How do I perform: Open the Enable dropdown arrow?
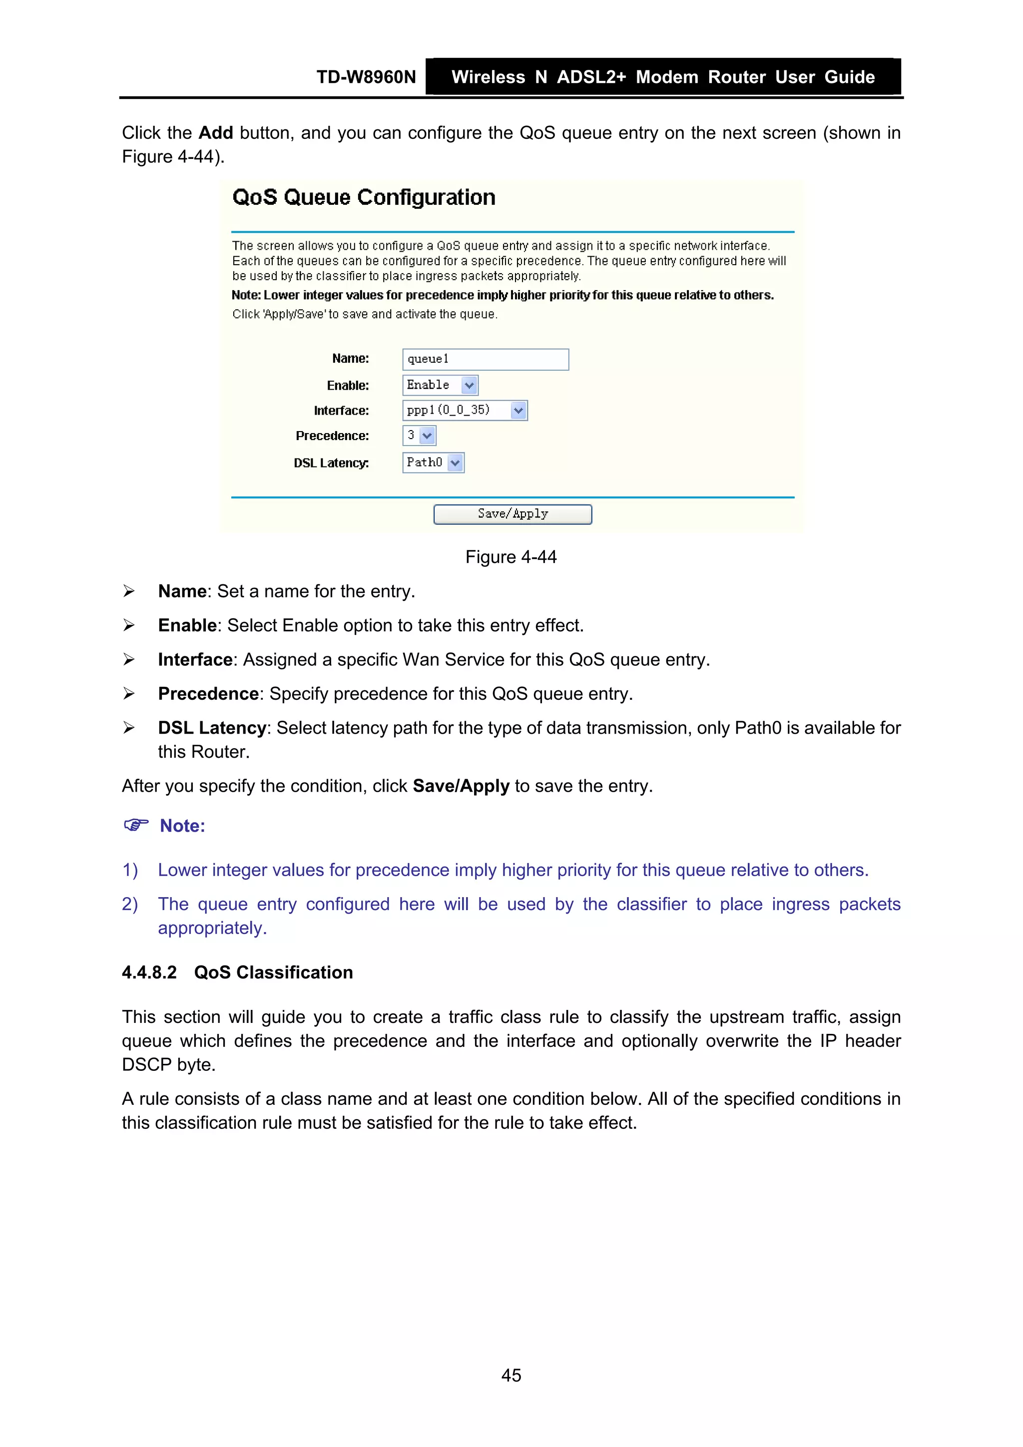tap(469, 385)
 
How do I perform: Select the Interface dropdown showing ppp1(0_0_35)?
tap(464, 410)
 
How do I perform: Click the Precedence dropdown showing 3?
tap(419, 436)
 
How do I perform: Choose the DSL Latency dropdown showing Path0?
tap(433, 463)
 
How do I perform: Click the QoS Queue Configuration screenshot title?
tap(364, 197)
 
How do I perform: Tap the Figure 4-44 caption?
tap(511, 557)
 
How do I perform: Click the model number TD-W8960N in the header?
tap(366, 77)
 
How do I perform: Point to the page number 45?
tap(511, 1375)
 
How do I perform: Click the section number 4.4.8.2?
tap(149, 972)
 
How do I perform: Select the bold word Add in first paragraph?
tap(216, 133)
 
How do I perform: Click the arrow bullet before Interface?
tap(129, 660)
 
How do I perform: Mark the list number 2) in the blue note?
tap(130, 905)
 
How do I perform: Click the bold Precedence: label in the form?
tap(332, 436)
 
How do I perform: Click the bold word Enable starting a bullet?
tap(187, 626)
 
